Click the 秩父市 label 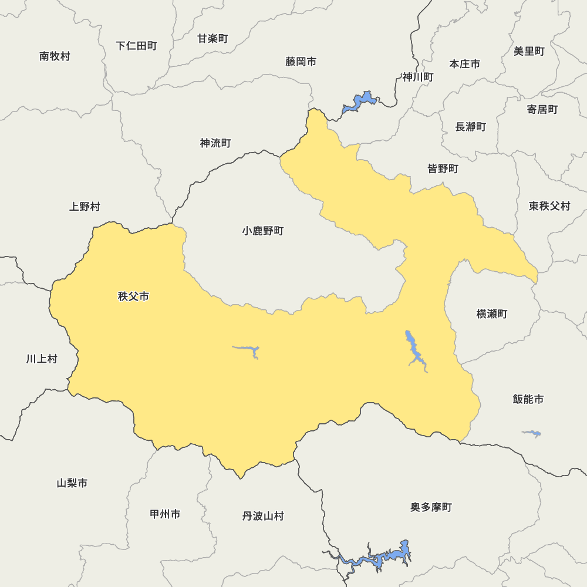click(133, 296)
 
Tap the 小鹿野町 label click(262, 231)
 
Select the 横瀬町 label click(491, 314)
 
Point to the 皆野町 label click(443, 169)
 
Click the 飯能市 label click(528, 399)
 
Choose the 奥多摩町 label click(431, 507)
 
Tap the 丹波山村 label click(262, 516)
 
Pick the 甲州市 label click(165, 514)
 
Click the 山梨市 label click(72, 483)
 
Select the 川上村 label click(42, 359)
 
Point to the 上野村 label click(85, 207)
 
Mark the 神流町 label click(215, 143)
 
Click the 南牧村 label click(55, 56)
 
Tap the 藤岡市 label click(301, 62)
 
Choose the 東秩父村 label click(549, 206)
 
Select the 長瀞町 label click(470, 127)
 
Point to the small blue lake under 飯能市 click(532, 434)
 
